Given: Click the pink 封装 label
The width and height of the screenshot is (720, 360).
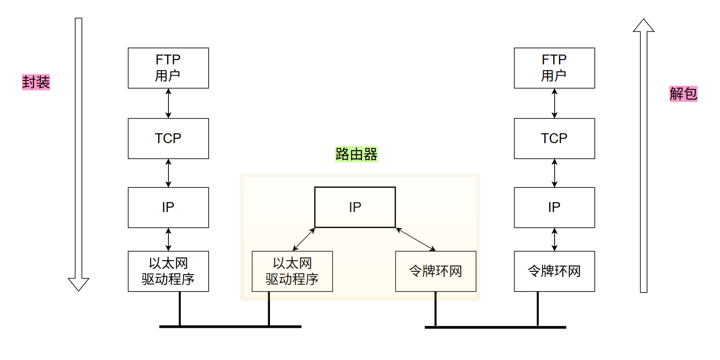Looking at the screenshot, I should [36, 82].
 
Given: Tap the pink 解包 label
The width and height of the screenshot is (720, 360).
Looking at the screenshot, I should [683, 94].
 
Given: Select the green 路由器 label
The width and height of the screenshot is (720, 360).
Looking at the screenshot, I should [356, 154].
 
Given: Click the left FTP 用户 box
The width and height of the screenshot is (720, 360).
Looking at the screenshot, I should [168, 68].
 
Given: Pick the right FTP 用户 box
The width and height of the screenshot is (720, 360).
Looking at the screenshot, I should [554, 68].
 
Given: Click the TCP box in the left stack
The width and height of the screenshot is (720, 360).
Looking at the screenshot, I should [168, 138].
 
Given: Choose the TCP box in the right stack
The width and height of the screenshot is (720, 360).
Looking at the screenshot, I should [554, 138].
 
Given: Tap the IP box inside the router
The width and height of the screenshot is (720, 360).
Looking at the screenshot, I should [355, 207].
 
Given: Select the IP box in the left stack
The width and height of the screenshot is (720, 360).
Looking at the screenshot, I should [168, 207].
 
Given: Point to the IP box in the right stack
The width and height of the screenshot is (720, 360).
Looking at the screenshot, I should [554, 207].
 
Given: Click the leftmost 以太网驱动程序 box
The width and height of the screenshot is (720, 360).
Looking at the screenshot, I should [168, 271].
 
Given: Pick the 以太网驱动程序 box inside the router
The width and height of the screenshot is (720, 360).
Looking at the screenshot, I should [292, 271].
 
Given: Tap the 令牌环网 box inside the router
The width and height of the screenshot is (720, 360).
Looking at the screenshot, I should [435, 271].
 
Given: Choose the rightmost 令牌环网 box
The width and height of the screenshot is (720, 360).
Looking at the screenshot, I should [554, 271].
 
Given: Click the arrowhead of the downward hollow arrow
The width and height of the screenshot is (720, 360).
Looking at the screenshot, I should [79, 284].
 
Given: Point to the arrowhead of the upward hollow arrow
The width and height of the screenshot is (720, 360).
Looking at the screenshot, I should [644, 26].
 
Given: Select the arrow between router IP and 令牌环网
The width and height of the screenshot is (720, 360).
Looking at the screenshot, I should [416, 239].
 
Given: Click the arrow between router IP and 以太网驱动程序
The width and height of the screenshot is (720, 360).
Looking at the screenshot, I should [304, 239].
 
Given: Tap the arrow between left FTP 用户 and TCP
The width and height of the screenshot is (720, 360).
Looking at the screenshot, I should [168, 103].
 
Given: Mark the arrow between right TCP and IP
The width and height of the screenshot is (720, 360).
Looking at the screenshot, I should [555, 173].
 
